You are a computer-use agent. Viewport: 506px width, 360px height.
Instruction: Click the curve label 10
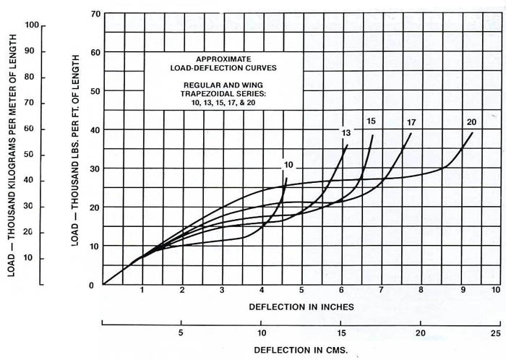[288, 166]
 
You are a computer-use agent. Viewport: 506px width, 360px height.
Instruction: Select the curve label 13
[346, 132]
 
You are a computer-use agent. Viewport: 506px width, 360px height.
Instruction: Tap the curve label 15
[371, 121]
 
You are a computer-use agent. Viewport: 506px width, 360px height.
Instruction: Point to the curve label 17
[411, 121]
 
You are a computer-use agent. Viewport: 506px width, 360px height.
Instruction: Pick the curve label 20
[471, 121]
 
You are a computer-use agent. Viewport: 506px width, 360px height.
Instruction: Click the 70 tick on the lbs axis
[94, 14]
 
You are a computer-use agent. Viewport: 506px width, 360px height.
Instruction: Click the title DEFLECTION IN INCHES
[301, 307]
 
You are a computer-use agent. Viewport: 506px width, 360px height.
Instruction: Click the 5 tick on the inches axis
[301, 290]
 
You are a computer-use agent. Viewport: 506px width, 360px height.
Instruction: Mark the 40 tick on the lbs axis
[94, 129]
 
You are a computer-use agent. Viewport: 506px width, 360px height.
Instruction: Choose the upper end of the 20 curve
[473, 132]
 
